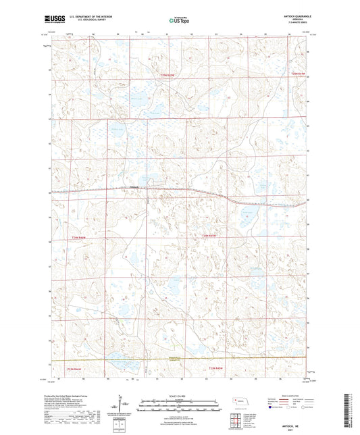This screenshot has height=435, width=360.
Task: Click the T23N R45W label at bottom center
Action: coord(213,367)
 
